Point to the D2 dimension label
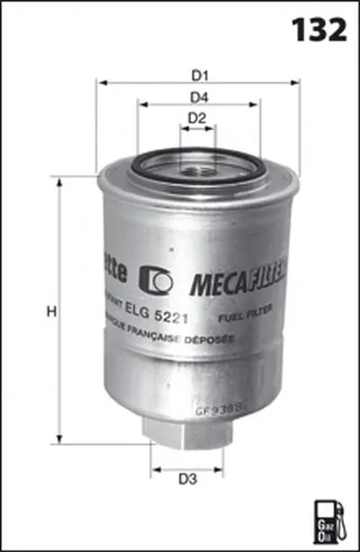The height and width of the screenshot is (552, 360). [x=198, y=118]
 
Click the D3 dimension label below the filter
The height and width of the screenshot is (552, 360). [x=187, y=479]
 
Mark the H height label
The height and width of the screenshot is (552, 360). [x=51, y=312]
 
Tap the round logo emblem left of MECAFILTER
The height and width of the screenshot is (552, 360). [x=159, y=281]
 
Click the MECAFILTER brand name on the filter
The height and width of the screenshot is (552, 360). [x=237, y=282]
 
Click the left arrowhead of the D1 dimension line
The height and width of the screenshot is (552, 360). [x=102, y=82]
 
